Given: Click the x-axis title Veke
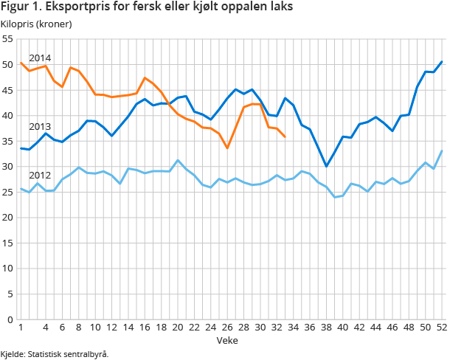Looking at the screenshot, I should pos(226,340).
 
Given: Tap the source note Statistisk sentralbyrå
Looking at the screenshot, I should pos(55,354).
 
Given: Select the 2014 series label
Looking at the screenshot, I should pos(40,58).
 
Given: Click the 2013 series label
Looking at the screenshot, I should pos(40,127).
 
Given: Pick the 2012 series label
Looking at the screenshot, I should pos(40,176).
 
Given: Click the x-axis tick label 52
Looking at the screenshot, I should pos(441,328).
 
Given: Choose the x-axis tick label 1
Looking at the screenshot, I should pos(20,328).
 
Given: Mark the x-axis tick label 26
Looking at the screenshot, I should pos(227,328).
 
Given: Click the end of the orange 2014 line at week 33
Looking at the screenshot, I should pos(285,136).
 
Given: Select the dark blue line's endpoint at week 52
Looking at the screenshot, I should pos(441,62).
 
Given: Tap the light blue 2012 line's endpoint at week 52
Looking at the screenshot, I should pos(441,151).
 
